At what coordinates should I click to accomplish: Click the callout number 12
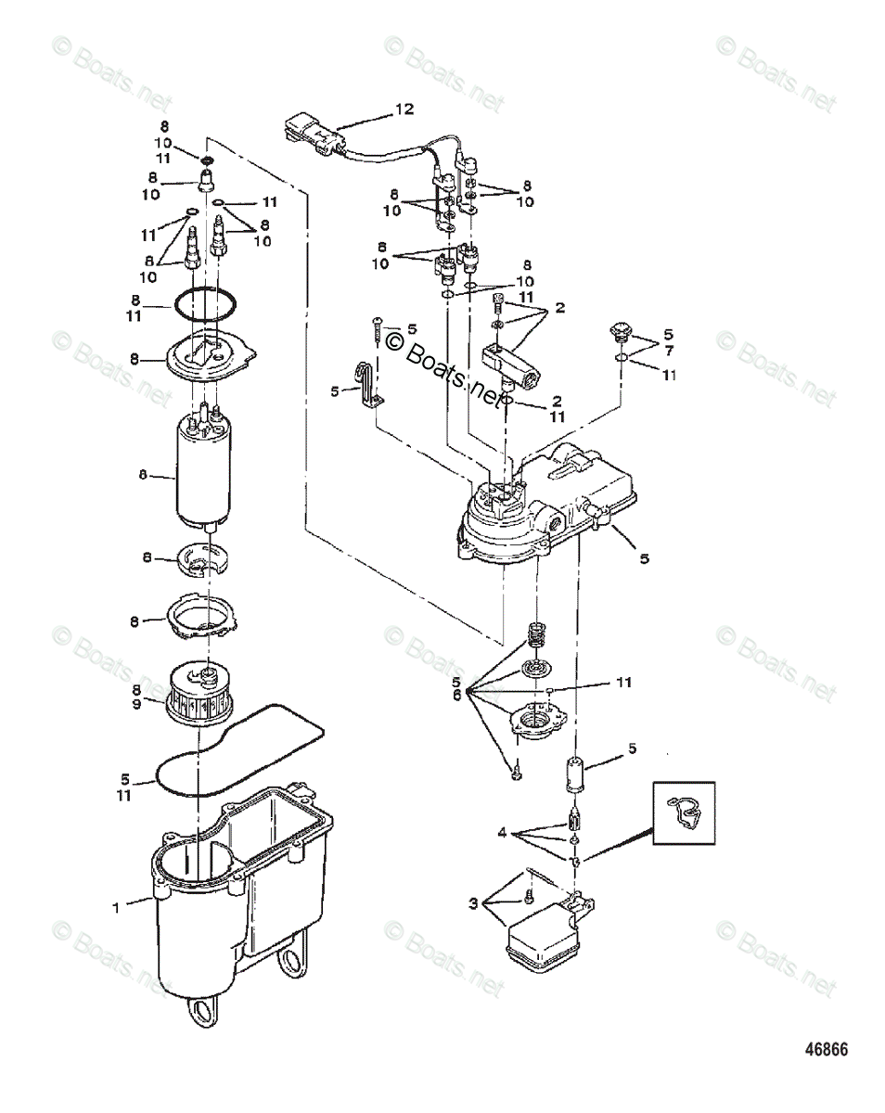[404, 109]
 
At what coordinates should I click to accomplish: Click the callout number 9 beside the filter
[136, 705]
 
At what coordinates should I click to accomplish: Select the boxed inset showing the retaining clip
[684, 812]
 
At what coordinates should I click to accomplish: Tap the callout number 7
[669, 352]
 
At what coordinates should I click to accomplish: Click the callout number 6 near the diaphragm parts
[456, 696]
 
